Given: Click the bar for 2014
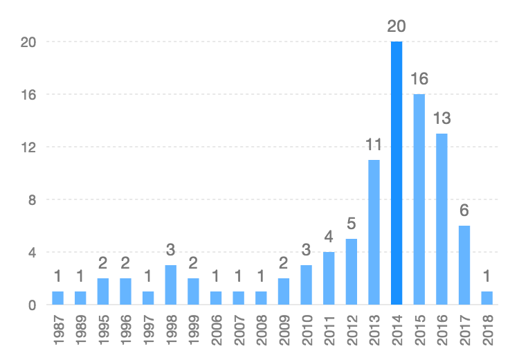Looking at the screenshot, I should pos(397,173).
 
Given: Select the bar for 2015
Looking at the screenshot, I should pos(419,199).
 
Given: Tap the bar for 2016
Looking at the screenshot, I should pos(441,219).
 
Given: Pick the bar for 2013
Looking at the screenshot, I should pos(374,232).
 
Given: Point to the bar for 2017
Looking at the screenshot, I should pos(464,265).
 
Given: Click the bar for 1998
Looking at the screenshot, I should pos(170,285).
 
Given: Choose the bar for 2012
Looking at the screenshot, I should pos(351,271).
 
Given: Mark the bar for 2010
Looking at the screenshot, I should pos(306,285).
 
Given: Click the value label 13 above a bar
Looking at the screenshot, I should pos(441,118).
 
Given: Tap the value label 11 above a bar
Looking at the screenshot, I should pos(374,145).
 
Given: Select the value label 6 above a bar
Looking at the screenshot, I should pos(464,210).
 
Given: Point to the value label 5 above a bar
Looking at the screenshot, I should pos(351,224).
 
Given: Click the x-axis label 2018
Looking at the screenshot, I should pos(487,329).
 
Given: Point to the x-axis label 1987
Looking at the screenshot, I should pos(58,329).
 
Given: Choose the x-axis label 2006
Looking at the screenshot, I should pos(216,329).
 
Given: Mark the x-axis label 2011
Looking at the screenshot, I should pos(329,329).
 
